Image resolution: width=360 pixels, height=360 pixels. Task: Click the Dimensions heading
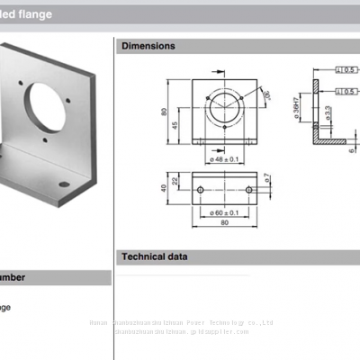148,46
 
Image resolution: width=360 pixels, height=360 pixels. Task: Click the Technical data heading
155,257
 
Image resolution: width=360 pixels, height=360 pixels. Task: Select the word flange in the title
58,14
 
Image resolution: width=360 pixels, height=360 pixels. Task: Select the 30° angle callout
266,93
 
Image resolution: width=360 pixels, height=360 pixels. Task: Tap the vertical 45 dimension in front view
177,124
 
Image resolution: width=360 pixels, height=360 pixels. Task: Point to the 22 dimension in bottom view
177,182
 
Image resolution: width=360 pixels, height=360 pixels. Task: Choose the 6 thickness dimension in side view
350,150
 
